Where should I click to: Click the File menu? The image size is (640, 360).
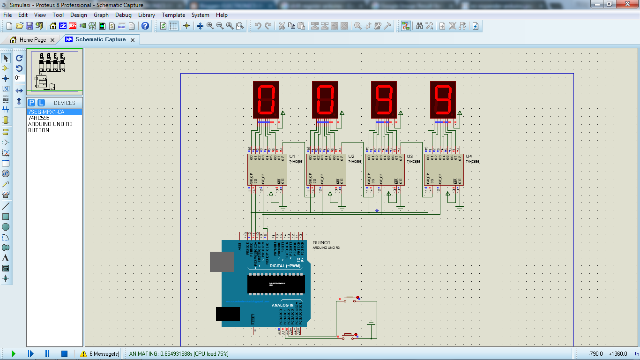click(x=7, y=15)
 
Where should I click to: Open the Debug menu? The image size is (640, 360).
click(x=123, y=15)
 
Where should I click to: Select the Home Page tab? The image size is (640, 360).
click(x=32, y=40)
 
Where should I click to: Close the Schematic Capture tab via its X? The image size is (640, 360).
click(x=133, y=40)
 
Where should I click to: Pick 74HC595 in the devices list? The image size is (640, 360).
click(x=38, y=118)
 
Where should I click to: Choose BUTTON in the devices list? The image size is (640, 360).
click(x=38, y=130)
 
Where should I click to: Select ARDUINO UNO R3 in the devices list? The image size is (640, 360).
click(x=50, y=124)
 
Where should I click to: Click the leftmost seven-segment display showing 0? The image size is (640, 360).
click(x=266, y=100)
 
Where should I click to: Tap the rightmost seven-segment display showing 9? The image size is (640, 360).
click(x=443, y=100)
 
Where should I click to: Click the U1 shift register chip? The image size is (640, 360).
click(x=267, y=170)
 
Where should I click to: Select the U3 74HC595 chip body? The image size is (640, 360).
click(x=385, y=170)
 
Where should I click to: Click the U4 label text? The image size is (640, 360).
click(x=469, y=156)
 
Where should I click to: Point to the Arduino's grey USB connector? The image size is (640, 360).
click(x=222, y=262)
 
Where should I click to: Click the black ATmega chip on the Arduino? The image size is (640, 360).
click(x=276, y=284)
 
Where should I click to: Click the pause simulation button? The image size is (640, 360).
click(x=47, y=353)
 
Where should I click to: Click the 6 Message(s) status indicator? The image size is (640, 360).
click(x=100, y=353)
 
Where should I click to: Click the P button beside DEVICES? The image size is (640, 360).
click(x=31, y=103)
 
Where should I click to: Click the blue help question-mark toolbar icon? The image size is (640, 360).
click(x=145, y=26)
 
